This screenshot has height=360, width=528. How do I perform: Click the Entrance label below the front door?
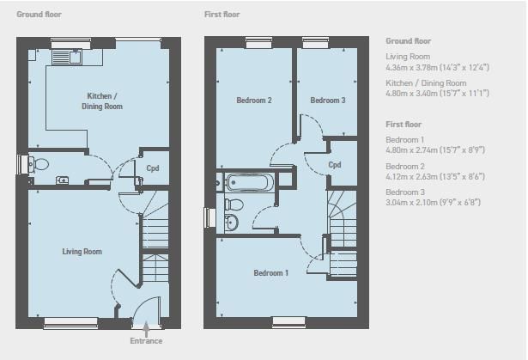coord(146,341)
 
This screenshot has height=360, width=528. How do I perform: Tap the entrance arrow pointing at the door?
coord(146,329)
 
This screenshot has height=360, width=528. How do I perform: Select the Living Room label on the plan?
coord(82,252)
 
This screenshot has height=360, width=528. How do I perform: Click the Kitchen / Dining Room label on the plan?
coord(102,101)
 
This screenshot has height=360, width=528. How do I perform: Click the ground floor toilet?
coord(38,164)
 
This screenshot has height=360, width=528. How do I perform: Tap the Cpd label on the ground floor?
coord(153,168)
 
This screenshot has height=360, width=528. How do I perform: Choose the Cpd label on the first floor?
coord(334,165)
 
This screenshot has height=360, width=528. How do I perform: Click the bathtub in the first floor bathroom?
coord(247,182)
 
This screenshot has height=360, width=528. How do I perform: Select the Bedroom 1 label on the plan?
coord(270,272)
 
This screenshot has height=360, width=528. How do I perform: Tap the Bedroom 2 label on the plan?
coord(254,101)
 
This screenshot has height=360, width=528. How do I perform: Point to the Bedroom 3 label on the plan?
coord(328,101)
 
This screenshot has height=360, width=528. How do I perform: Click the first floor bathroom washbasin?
coord(231,223)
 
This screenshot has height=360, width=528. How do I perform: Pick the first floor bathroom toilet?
coord(234,204)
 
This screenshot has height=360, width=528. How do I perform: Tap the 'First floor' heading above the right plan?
coord(222,14)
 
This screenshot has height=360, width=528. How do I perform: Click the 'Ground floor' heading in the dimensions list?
coord(408,40)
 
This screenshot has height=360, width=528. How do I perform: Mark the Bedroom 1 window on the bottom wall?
coord(288,322)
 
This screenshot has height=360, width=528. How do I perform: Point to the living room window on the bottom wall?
coord(70,322)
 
